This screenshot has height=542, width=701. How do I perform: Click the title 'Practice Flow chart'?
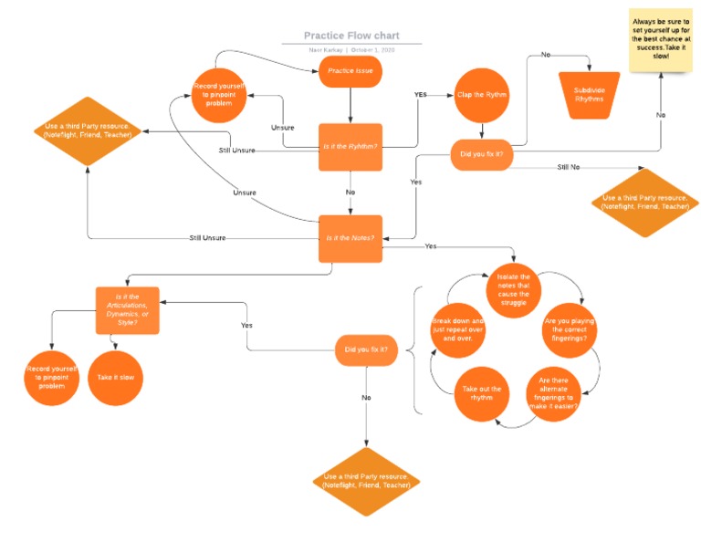click(362, 36)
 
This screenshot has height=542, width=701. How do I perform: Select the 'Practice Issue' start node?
click(350, 71)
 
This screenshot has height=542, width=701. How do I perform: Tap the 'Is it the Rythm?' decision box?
click(350, 147)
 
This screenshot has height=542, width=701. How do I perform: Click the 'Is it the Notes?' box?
click(350, 238)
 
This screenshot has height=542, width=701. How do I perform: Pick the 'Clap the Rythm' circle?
click(482, 95)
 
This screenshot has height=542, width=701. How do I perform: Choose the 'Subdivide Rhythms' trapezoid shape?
click(589, 95)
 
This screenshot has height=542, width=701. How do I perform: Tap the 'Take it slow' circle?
click(115, 376)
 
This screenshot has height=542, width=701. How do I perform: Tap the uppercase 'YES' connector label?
click(420, 94)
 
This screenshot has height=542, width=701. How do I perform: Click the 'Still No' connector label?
click(569, 167)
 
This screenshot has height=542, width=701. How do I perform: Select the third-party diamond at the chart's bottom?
click(365, 481)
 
